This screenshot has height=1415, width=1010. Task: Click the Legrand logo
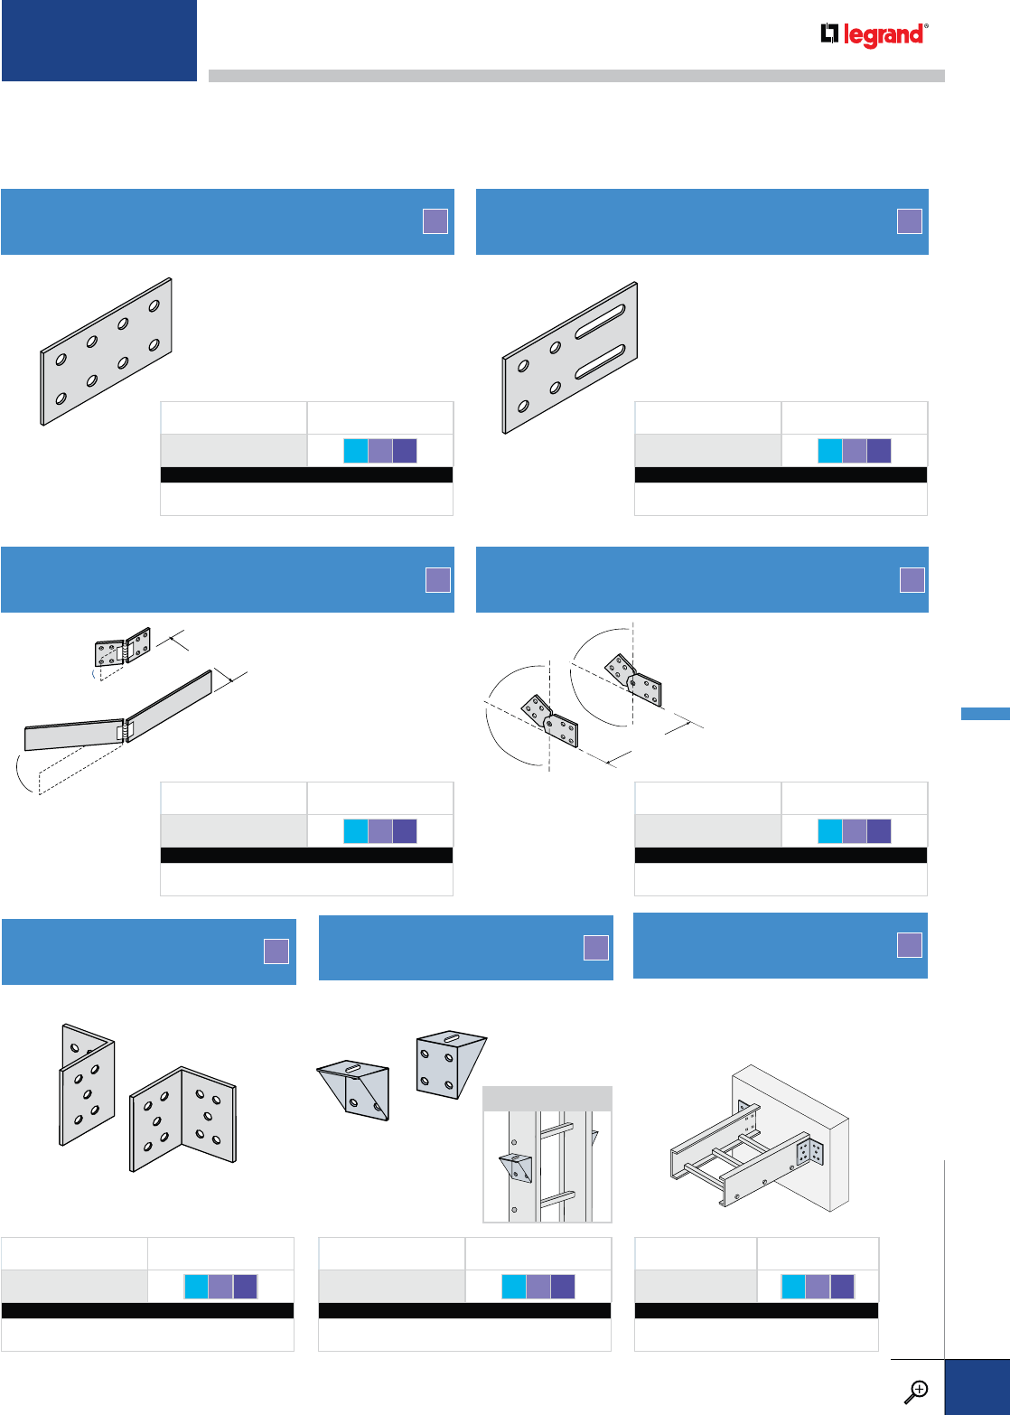coord(874,35)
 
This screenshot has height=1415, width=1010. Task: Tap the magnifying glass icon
coord(916,1391)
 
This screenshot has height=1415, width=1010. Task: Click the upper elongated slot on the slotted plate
coord(597,321)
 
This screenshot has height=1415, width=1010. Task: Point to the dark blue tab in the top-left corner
coord(99,41)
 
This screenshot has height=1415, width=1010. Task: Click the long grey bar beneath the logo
coord(576,76)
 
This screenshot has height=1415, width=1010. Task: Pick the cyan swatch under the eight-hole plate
coord(356,451)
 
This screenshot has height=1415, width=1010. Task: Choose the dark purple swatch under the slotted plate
coord(878,451)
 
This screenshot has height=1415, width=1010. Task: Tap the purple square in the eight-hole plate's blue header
coord(435,221)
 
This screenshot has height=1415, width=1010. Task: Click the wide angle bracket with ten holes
coord(183,1119)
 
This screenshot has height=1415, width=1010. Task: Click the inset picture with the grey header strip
coord(547,1154)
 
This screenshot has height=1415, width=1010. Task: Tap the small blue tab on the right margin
coord(985,714)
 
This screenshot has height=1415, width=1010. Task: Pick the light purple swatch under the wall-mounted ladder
coord(818,1287)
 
